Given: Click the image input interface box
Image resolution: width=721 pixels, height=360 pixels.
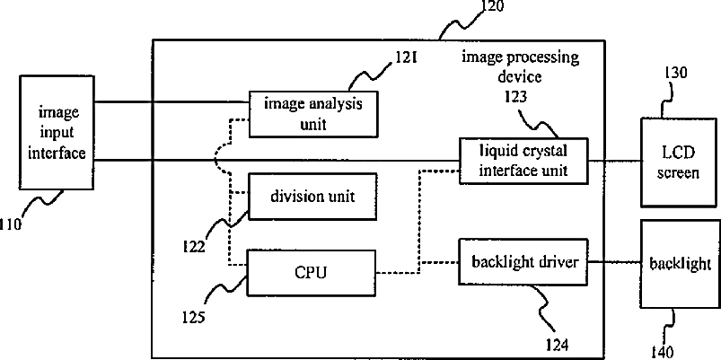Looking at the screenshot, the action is tap(57, 132).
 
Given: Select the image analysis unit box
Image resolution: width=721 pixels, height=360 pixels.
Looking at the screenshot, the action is tap(313, 113).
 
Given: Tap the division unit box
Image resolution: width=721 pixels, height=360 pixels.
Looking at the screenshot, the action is tap(312, 197).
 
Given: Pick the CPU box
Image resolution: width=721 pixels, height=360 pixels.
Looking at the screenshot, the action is tap(312, 272).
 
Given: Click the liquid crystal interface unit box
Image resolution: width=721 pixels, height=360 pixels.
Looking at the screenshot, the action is tap(523, 161).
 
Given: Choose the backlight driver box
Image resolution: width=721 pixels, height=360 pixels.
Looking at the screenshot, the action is tap(523, 261).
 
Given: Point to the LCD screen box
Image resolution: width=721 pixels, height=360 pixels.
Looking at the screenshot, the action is tap(678, 162).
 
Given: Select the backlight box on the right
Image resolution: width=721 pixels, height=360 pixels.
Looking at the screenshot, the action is tap(679, 264).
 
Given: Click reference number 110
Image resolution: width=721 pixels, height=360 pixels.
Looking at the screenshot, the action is tap(10, 224).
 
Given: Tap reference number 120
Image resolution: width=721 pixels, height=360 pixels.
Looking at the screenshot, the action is tap(492, 6).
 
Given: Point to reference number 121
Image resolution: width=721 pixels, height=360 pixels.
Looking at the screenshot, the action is tap(405, 58).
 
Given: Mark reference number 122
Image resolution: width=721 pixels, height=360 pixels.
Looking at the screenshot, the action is tap(193, 247).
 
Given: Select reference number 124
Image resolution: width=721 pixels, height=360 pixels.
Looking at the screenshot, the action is tap(557, 344).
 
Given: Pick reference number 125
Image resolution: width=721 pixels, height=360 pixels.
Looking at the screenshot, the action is tap(193, 317).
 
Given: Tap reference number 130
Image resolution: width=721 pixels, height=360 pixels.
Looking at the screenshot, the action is tap(675, 73).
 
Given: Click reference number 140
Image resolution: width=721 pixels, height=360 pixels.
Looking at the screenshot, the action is tap(662, 352).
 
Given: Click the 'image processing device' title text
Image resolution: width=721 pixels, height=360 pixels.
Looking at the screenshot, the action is tap(520, 66).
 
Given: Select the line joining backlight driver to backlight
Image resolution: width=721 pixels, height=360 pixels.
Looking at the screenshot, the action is tap(615, 261).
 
